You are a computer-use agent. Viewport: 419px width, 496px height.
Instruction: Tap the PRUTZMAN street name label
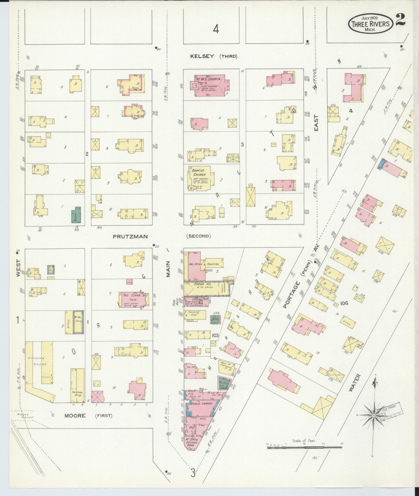(x=130, y=236)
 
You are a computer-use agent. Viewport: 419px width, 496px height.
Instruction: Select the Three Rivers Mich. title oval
(x=370, y=24)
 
